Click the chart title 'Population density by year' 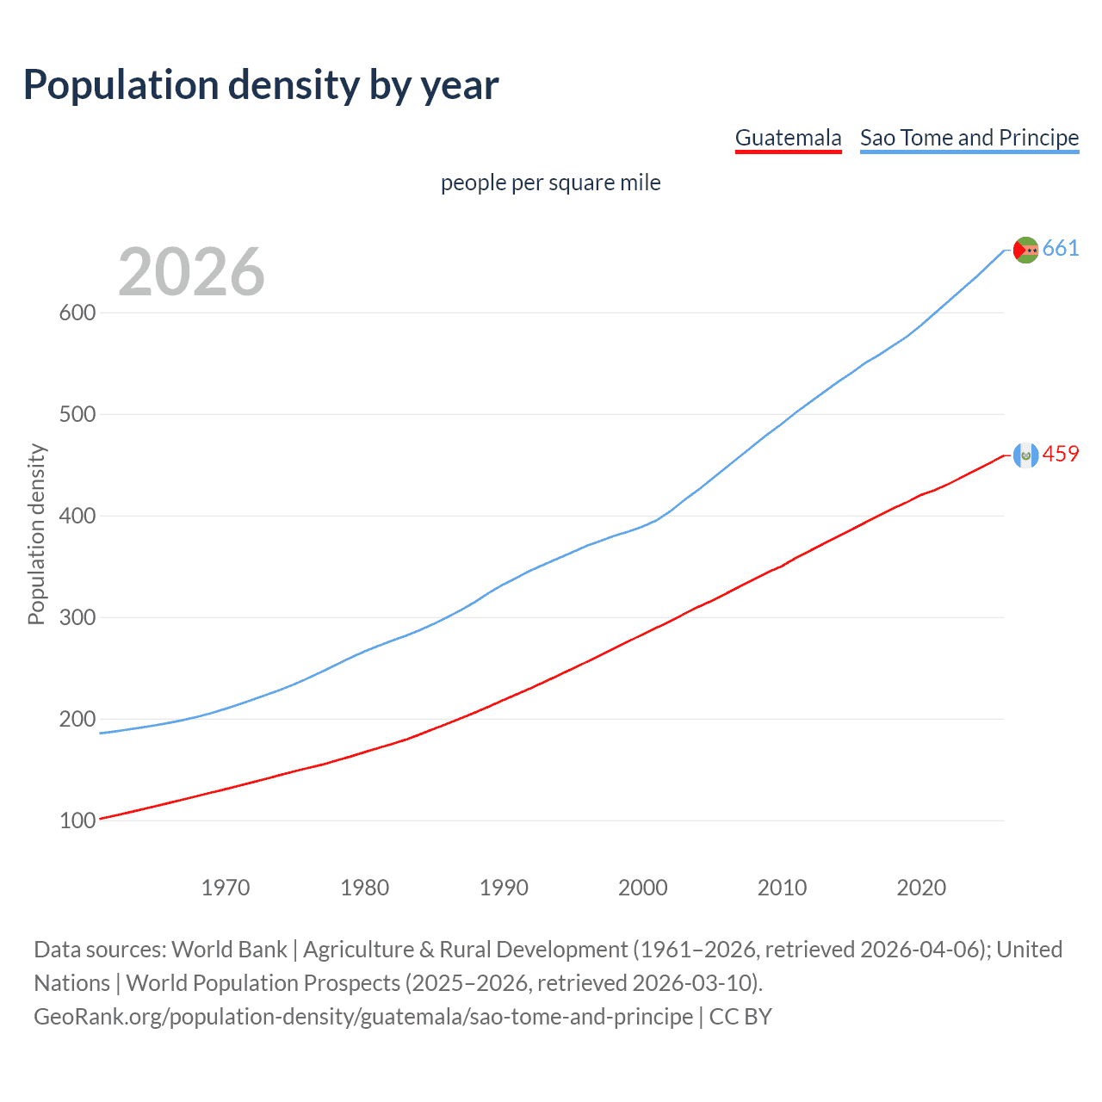pos(261,85)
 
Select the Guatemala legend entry pos(788,139)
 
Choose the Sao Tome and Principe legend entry pos(969,139)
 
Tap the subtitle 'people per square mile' pos(550,183)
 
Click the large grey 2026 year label pos(191,272)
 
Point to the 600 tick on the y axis pos(77,313)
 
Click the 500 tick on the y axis pos(77,415)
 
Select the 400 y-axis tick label pos(77,517)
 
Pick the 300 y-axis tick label pos(77,618)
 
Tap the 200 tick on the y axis pos(77,720)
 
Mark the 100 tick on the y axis pos(77,821)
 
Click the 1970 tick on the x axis pos(226,888)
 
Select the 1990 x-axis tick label pos(504,888)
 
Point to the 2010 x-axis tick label pos(782,888)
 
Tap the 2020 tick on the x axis pos(921,888)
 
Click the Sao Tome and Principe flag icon pos(1025,250)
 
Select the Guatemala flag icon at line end pos(1025,455)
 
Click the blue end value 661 pos(1061,249)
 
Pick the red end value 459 pos(1061,455)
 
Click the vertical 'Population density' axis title pos(36,534)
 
